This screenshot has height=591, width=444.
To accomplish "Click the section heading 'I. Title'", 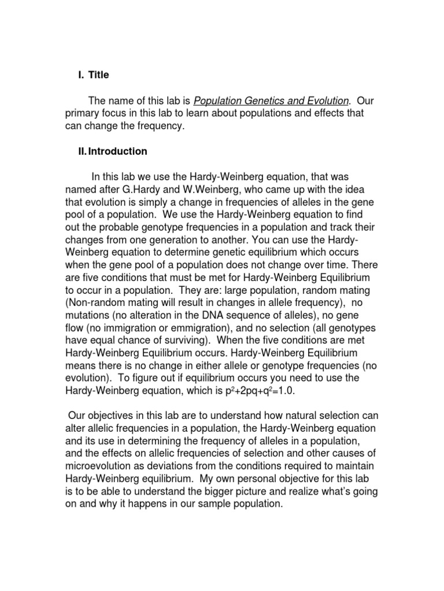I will pyautogui.click(x=93, y=75).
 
